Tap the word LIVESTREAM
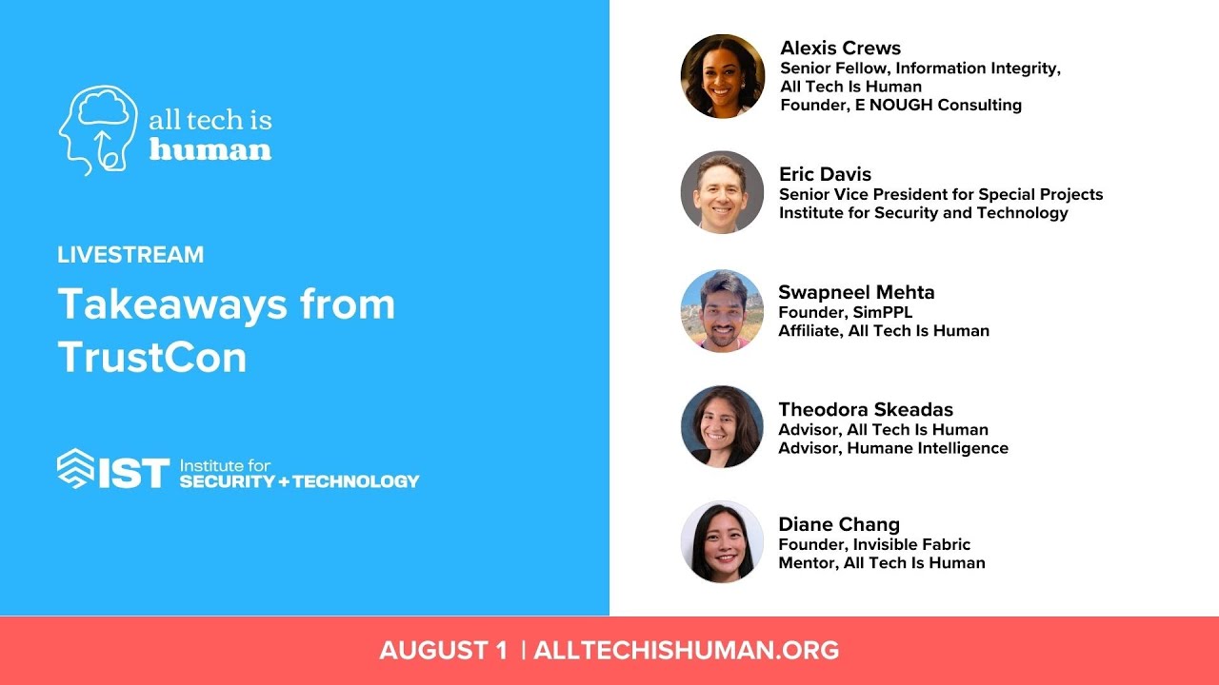click(x=130, y=255)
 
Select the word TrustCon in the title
click(x=152, y=357)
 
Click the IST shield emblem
click(x=76, y=468)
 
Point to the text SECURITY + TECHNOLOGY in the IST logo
click(x=299, y=481)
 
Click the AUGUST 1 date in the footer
click(x=444, y=651)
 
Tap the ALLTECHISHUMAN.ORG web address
click(x=687, y=651)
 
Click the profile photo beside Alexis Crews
click(x=723, y=76)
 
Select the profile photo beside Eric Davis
click(x=723, y=192)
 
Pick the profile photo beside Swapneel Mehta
click(x=723, y=310)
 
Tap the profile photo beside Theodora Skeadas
click(x=723, y=426)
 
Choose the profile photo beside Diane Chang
click(x=723, y=542)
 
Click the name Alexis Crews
click(x=840, y=49)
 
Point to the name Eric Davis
click(x=825, y=174)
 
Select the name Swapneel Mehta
click(x=856, y=292)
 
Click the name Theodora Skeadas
click(x=866, y=410)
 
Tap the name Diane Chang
click(x=839, y=524)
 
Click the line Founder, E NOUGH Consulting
click(x=901, y=106)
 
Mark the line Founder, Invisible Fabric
click(x=874, y=544)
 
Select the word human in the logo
click(x=210, y=149)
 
